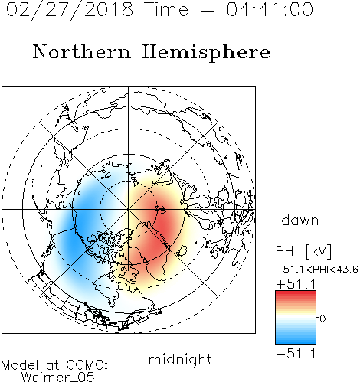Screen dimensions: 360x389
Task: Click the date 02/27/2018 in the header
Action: pos(70,10)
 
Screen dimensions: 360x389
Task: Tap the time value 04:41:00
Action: pos(270,9)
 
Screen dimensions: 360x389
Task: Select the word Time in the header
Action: pos(166,9)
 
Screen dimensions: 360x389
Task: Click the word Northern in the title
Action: pos(81,51)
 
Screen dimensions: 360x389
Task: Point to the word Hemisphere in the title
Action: pos(206,53)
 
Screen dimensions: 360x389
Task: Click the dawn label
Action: pos(300,220)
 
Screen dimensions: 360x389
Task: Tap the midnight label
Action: pos(180,359)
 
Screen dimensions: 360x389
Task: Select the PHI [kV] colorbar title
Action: pos(303,251)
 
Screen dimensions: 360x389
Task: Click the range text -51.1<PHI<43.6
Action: pos(317,270)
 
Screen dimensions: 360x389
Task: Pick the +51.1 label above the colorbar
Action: pos(296,284)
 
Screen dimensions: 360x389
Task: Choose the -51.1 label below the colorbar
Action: pos(296,354)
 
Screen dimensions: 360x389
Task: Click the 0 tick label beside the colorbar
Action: pos(322,319)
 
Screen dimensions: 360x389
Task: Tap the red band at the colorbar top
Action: pos(296,293)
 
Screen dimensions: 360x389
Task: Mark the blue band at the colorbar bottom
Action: pos(296,341)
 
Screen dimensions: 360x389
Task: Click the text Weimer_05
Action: pos(58,378)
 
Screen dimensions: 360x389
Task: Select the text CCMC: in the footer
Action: pos(87,364)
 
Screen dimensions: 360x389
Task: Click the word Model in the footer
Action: pos(20,365)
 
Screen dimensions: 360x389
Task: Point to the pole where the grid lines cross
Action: pos(129,210)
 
